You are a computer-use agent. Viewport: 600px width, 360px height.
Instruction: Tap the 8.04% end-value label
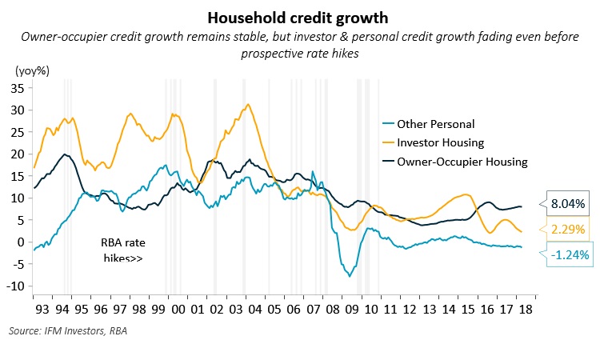(570, 204)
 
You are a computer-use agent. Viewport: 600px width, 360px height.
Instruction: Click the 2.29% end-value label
(570, 230)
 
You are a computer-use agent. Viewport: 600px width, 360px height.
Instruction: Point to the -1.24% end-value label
(570, 255)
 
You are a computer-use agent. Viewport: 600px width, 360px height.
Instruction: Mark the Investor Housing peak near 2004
(248, 104)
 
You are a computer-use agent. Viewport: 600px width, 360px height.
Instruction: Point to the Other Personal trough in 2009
(349, 276)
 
